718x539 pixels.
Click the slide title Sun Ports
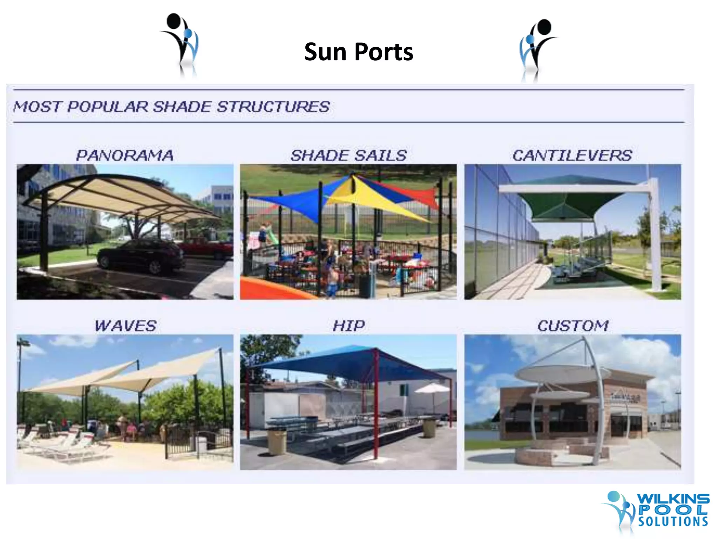pyautogui.click(x=358, y=52)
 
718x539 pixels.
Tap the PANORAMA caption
pyautogui.click(x=125, y=155)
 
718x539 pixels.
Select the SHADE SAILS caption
pyautogui.click(x=348, y=155)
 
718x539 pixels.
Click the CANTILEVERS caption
pyautogui.click(x=572, y=155)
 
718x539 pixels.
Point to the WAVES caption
pyautogui.click(x=126, y=326)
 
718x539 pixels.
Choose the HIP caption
pyautogui.click(x=349, y=326)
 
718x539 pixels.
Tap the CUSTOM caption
pyautogui.click(x=573, y=326)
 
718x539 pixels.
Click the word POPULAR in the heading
pyautogui.click(x=108, y=107)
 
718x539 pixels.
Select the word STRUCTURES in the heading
pyautogui.click(x=273, y=107)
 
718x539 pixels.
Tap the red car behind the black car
pyautogui.click(x=207, y=247)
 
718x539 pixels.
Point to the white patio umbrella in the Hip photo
pyautogui.click(x=433, y=389)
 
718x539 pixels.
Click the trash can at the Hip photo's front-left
pyautogui.click(x=277, y=441)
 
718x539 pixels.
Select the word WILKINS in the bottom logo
pyautogui.click(x=673, y=498)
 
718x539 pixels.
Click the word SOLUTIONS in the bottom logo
pyautogui.click(x=673, y=521)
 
